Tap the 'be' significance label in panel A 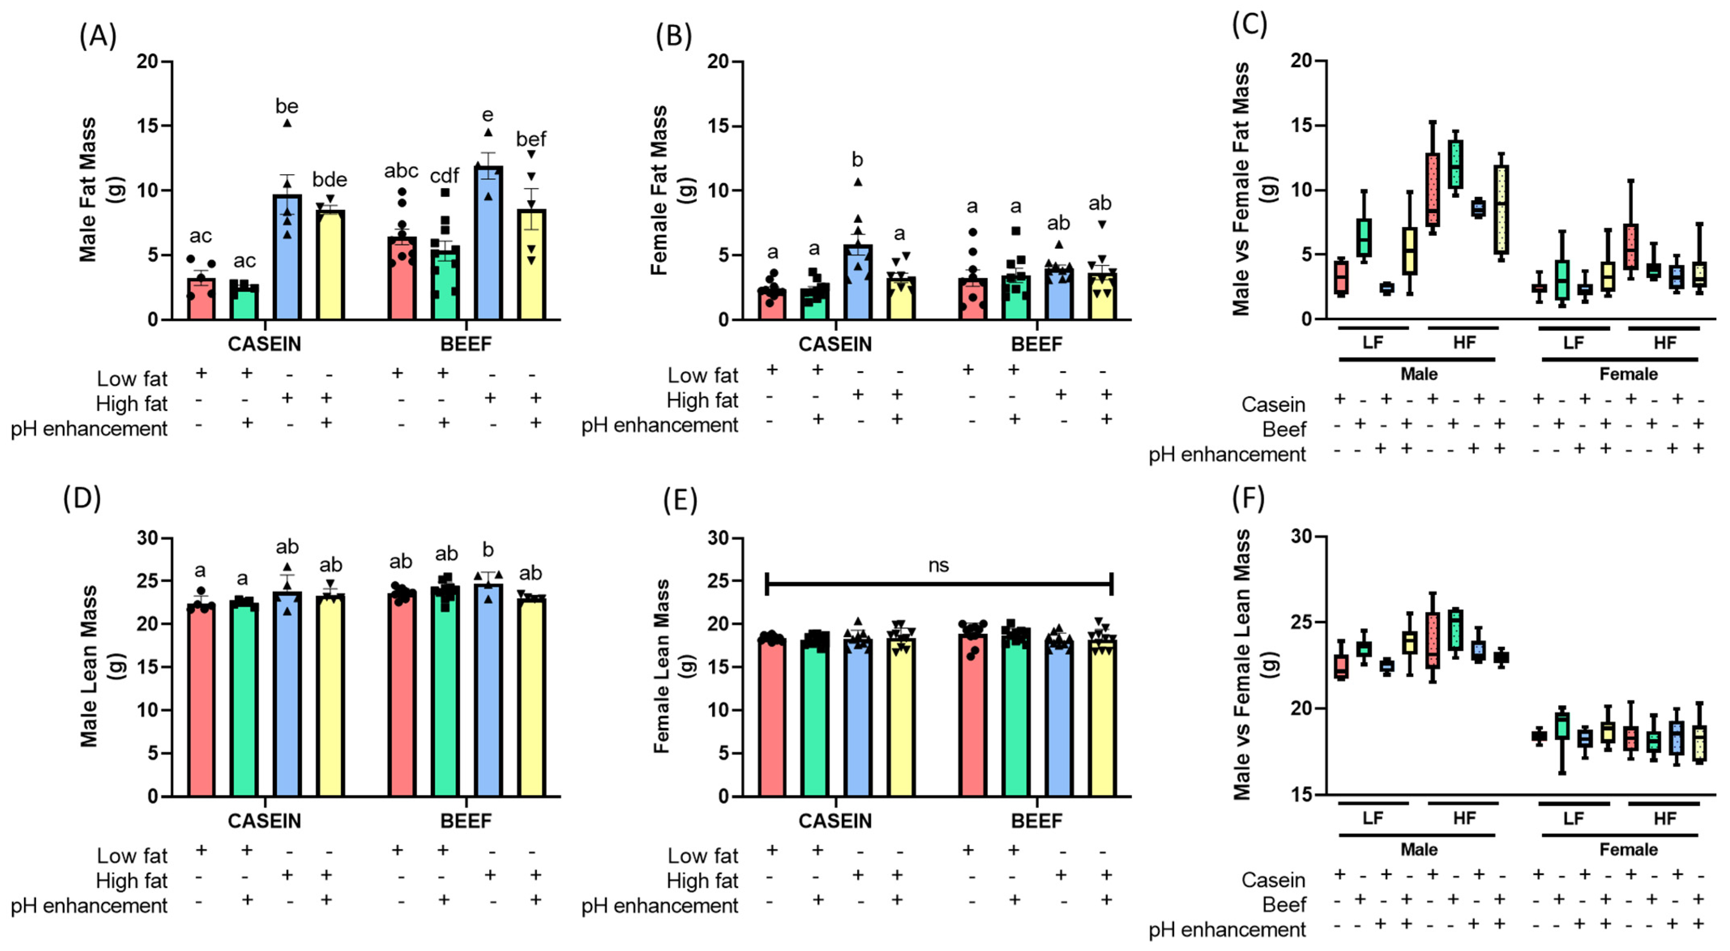pyautogui.click(x=287, y=106)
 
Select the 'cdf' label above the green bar pyautogui.click(x=444, y=176)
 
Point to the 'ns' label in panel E pyautogui.click(x=938, y=566)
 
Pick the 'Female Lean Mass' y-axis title pyautogui.click(x=661, y=666)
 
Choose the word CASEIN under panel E pyautogui.click(x=835, y=821)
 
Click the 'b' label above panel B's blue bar pyautogui.click(x=857, y=160)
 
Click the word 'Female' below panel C pyautogui.click(x=1628, y=374)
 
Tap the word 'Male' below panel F pyautogui.click(x=1418, y=850)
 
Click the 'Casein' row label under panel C pyautogui.click(x=1272, y=404)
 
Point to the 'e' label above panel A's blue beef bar pyautogui.click(x=488, y=115)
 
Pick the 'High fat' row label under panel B pyautogui.click(x=702, y=400)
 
